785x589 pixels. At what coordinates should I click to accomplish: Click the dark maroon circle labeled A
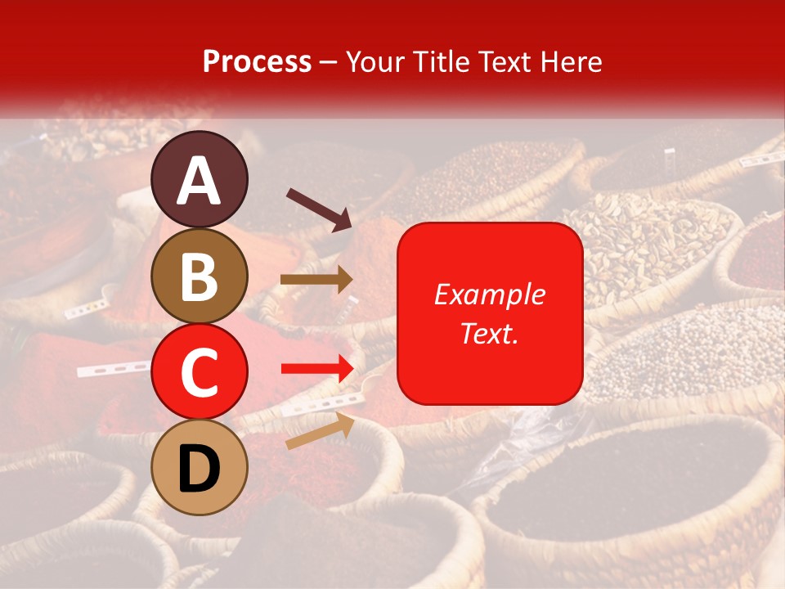[x=200, y=179]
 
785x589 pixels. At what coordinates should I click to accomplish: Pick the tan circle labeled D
[x=200, y=467]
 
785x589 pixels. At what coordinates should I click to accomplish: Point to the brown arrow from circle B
[x=316, y=279]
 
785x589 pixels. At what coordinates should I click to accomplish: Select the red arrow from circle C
[x=316, y=369]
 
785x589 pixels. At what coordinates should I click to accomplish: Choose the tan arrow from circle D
[x=320, y=431]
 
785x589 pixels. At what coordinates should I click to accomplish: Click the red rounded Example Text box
[x=490, y=313]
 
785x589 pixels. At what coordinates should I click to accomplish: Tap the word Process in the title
[x=257, y=61]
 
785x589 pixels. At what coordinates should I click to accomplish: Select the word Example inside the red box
[x=490, y=294]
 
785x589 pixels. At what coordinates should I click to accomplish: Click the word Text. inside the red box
[x=489, y=333]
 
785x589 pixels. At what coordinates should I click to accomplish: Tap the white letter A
[x=200, y=181]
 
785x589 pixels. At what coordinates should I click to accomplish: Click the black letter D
[x=200, y=469]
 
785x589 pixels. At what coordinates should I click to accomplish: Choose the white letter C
[x=200, y=373]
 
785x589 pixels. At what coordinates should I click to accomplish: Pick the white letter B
[x=200, y=277]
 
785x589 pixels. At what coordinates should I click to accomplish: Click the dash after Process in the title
[x=329, y=63]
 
